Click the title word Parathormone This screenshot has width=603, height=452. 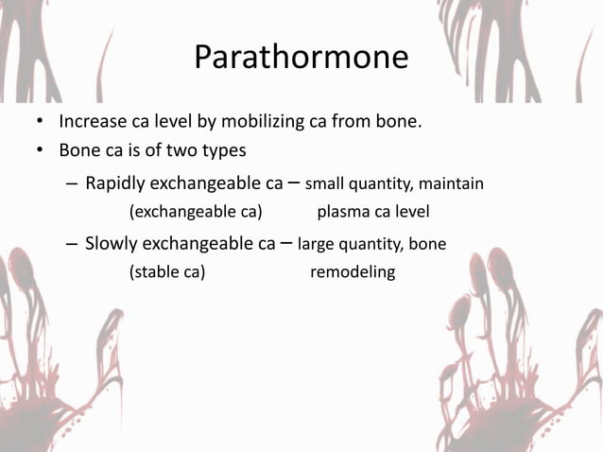(x=301, y=58)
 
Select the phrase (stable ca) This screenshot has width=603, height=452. (x=167, y=272)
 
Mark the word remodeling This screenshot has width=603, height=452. (x=353, y=272)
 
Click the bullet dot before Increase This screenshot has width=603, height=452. (x=39, y=123)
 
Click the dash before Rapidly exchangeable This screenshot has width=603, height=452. (x=72, y=183)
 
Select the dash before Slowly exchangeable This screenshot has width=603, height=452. (x=72, y=244)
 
